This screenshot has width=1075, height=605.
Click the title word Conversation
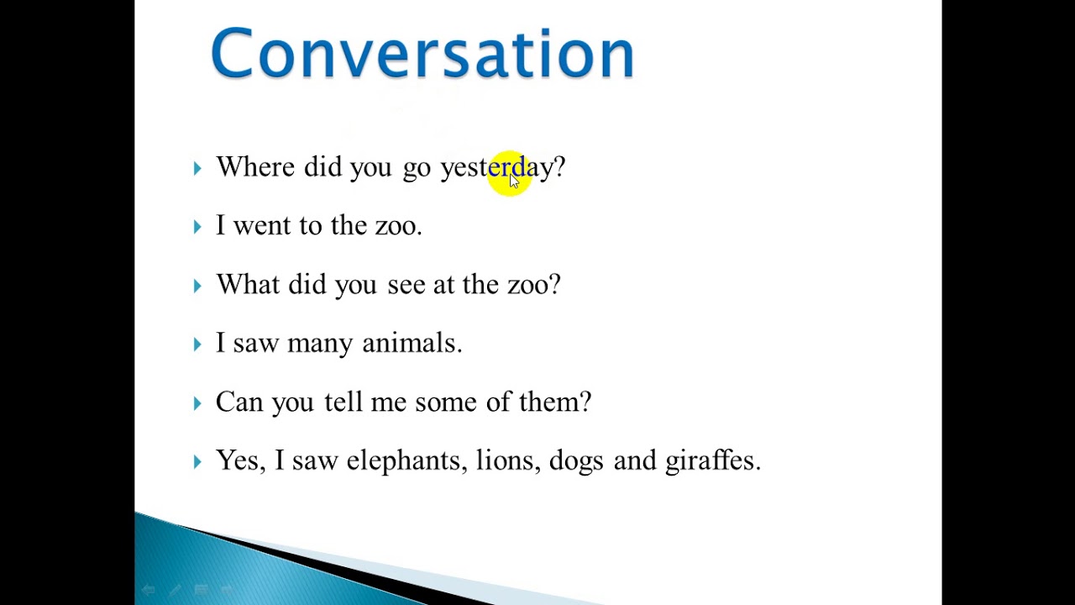[x=422, y=53]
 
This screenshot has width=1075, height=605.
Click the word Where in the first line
[x=254, y=166]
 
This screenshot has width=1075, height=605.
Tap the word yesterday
[x=496, y=167]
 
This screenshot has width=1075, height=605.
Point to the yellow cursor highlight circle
[x=509, y=173]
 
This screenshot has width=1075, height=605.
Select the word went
[x=260, y=225]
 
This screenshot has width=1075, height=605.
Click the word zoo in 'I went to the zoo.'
[x=396, y=225]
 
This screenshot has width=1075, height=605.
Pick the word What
[x=247, y=284]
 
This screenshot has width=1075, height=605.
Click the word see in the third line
[x=406, y=285]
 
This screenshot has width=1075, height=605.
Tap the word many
[x=319, y=344]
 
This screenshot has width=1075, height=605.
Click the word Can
[x=239, y=402]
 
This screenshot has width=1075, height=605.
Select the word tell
[x=343, y=402]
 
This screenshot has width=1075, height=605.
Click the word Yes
[x=239, y=460]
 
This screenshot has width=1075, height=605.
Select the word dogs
[x=576, y=461]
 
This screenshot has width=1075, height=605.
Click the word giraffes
[x=711, y=460]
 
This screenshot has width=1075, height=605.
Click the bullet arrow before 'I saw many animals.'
[x=197, y=344]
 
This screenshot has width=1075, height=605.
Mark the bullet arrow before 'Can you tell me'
[x=197, y=402]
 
